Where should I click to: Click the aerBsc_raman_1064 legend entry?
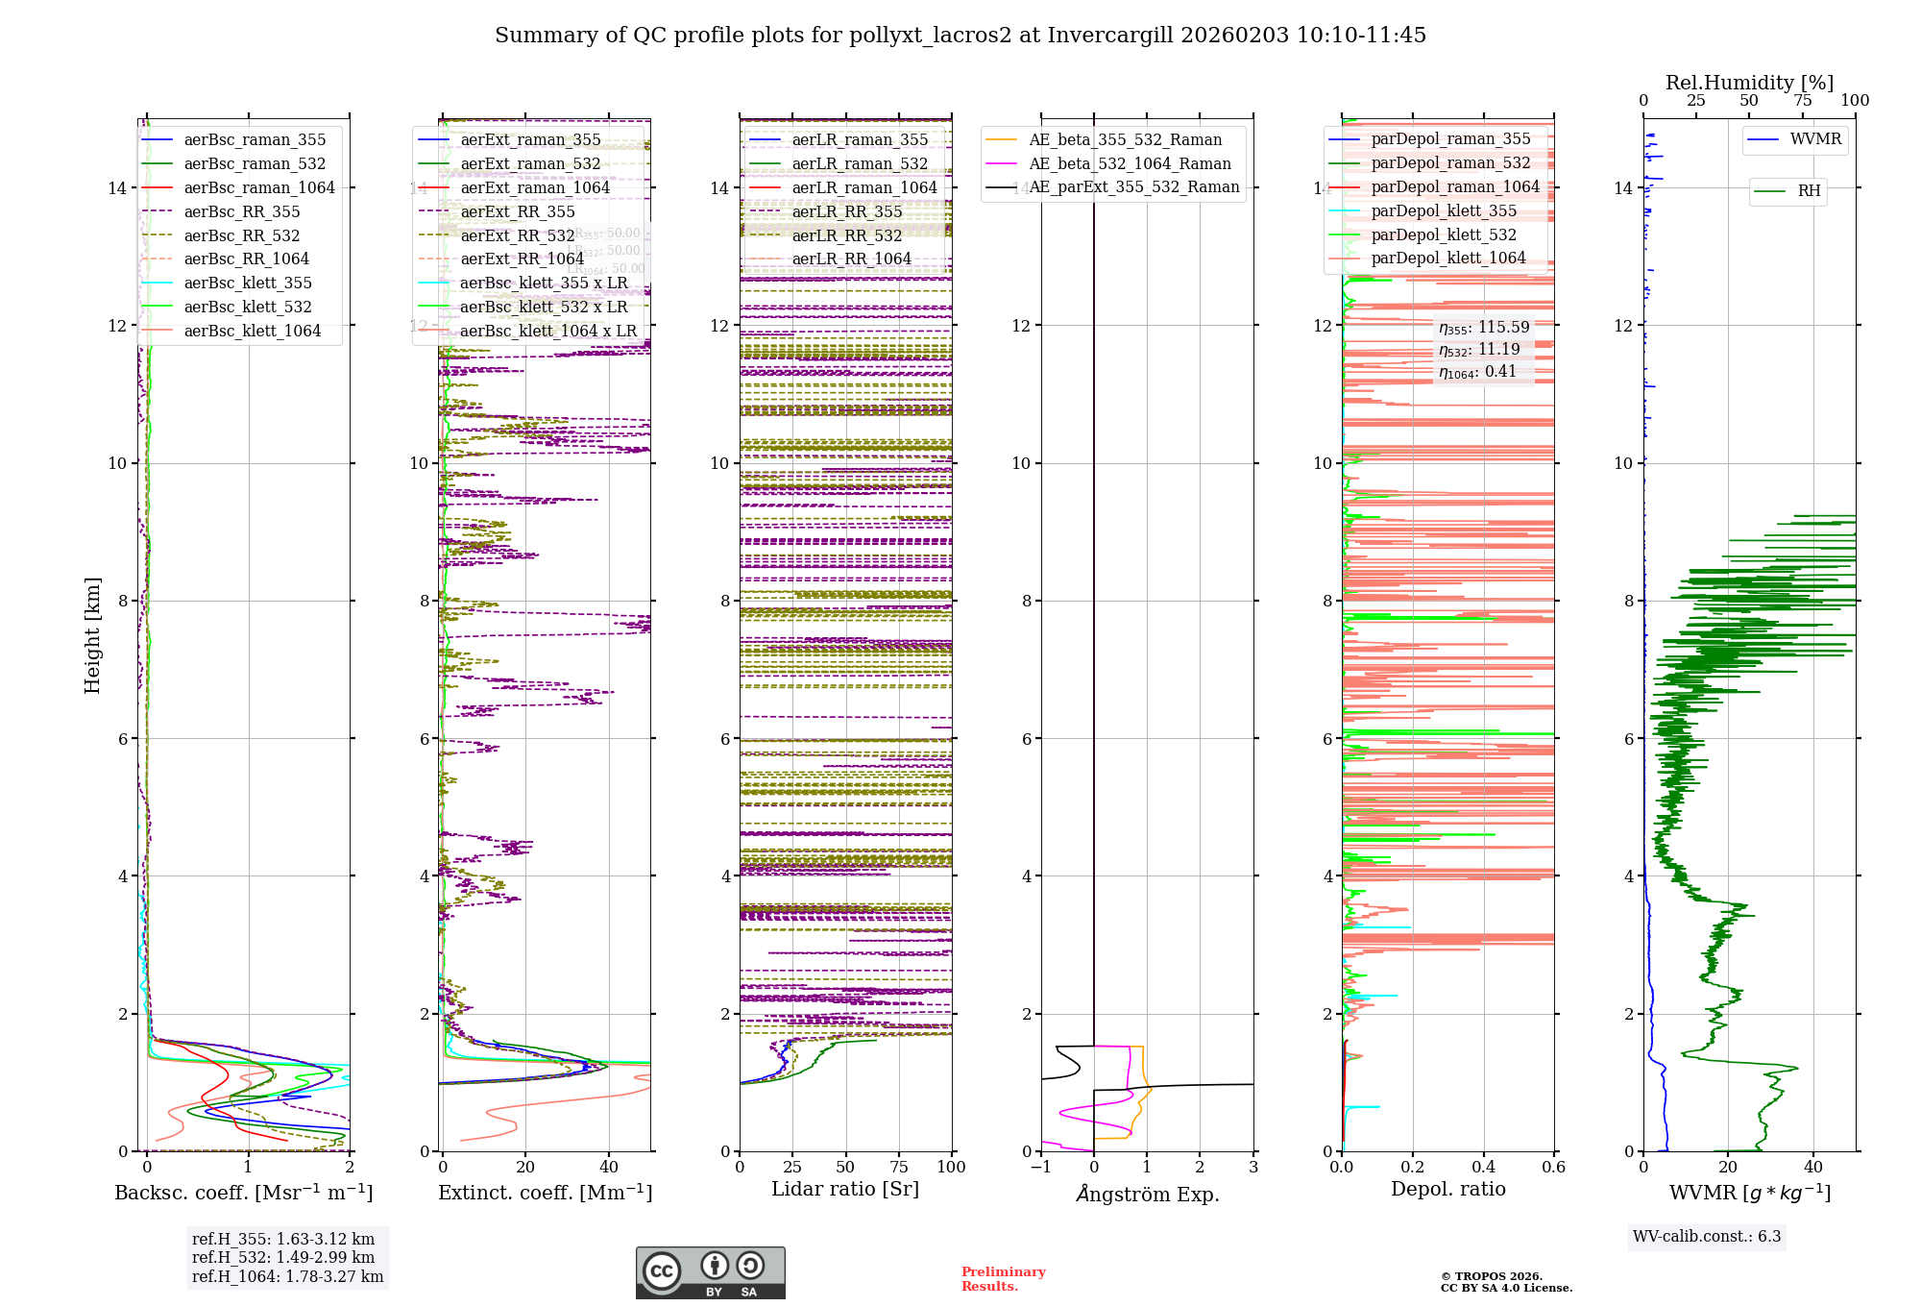coord(259,188)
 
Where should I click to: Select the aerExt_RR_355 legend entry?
coord(518,212)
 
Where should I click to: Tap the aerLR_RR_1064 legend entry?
coord(851,259)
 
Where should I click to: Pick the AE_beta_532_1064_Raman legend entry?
coord(1130,164)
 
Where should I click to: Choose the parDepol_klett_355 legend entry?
coord(1444,211)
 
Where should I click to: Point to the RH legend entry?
coord(1809,191)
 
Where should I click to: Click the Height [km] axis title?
coord(92,635)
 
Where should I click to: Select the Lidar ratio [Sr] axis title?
coord(845,1190)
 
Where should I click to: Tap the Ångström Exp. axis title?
coord(1147,1195)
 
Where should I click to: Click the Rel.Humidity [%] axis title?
coord(1749,83)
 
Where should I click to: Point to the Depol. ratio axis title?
coord(1447,1190)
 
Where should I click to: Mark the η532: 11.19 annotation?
coord(1479,350)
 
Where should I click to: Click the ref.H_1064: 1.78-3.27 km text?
coord(287,1277)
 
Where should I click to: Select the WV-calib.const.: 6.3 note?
coord(1707,1237)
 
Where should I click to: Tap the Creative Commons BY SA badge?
coord(710,1272)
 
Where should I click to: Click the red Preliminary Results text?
coord(1003,1279)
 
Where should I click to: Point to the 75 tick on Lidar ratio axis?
coord(899,1168)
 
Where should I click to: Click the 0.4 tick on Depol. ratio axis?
coord(1483,1168)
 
